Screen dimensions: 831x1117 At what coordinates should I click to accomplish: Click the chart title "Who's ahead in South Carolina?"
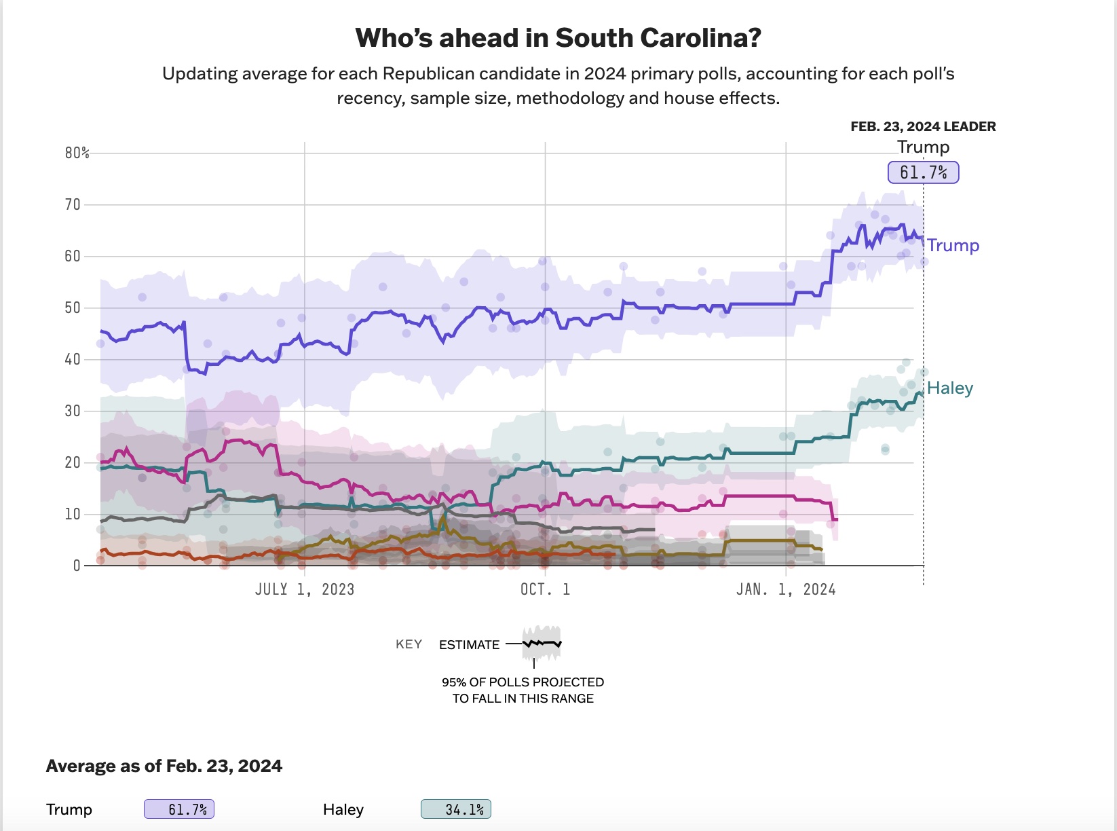558,38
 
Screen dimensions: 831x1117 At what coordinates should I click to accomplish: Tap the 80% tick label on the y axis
77,153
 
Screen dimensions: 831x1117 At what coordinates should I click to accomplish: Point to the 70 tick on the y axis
73,204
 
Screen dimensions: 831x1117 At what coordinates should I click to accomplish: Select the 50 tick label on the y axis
73,308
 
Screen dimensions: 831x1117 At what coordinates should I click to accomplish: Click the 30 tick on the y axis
73,411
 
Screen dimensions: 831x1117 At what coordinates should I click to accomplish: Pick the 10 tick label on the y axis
73,514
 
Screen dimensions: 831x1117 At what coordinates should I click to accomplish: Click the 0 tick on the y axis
77,566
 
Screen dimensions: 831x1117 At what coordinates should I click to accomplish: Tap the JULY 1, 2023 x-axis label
304,589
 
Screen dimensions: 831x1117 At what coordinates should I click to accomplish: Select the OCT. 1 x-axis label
545,589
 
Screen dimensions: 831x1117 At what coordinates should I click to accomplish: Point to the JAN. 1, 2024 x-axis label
786,589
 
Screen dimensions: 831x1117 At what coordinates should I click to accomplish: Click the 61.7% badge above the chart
923,172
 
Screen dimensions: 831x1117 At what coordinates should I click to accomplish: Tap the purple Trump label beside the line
953,245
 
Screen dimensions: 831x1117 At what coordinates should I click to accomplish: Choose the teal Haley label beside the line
950,388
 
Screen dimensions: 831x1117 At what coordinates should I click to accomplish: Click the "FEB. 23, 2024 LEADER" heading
923,126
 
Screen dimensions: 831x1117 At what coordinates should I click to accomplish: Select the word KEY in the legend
409,644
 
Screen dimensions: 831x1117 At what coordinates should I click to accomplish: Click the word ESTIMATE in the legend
469,644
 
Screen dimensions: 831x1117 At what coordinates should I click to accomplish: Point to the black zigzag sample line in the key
542,643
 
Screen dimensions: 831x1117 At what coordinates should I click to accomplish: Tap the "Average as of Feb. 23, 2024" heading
164,766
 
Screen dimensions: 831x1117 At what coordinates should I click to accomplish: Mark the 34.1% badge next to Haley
456,809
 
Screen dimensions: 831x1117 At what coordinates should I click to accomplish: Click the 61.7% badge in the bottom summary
179,809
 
